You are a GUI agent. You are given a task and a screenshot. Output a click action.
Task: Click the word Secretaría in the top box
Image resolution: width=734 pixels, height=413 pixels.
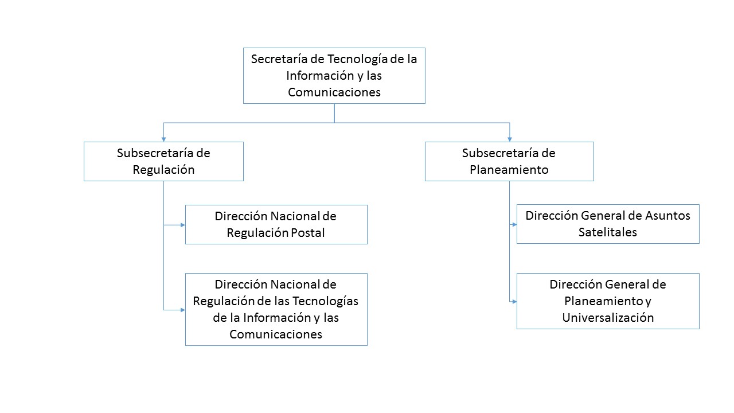tap(279, 59)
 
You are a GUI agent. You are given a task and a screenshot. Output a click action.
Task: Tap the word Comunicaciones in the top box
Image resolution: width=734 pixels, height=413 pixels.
tap(334, 92)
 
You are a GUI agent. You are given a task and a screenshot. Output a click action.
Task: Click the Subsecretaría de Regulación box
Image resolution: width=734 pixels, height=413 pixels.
tap(163, 161)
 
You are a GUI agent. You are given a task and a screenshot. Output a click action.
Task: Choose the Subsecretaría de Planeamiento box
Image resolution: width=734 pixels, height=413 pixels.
tap(509, 161)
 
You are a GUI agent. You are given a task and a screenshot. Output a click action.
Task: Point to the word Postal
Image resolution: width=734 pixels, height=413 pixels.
tap(308, 233)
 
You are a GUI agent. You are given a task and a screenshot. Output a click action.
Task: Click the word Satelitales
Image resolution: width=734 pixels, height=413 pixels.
tap(607, 232)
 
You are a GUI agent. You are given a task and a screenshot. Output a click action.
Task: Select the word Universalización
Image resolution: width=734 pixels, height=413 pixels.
tap(608, 318)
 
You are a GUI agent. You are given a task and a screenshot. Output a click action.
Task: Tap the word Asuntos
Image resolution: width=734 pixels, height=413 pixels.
tap(667, 216)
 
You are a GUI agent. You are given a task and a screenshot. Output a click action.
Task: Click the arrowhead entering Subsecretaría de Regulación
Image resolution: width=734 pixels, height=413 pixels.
tap(163, 139)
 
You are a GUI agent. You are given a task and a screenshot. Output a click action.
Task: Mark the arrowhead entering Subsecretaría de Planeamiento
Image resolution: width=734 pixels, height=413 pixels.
tap(510, 139)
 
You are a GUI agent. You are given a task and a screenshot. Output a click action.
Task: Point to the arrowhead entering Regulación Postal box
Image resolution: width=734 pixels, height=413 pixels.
tap(183, 225)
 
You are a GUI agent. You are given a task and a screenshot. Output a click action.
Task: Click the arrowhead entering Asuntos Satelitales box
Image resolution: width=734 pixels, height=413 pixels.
tap(514, 224)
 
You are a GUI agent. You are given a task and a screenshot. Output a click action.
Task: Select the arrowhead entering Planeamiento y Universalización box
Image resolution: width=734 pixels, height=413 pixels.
tap(514, 302)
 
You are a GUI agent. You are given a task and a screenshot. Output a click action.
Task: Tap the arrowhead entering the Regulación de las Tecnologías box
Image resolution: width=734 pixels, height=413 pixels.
tap(183, 310)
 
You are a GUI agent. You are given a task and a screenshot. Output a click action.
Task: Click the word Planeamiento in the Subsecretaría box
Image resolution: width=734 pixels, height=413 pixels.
tap(509, 170)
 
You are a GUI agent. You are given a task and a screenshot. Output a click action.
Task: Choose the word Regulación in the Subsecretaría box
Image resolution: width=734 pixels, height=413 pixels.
tap(163, 170)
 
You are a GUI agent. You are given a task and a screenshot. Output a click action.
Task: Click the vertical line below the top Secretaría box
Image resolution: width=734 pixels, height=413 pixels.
tap(334, 113)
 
